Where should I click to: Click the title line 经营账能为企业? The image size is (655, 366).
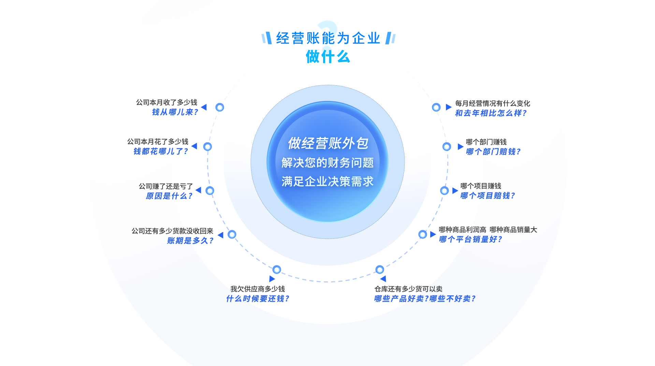[x=328, y=38]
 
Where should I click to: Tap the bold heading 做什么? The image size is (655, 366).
[x=328, y=57]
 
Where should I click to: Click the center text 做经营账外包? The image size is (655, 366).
[x=328, y=143]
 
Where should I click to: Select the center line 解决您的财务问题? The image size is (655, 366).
[x=327, y=163]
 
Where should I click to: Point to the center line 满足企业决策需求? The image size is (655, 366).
[x=327, y=181]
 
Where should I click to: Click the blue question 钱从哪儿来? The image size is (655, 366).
[x=175, y=112]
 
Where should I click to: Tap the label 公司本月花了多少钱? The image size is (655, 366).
[x=158, y=142]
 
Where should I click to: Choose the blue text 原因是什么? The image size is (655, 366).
[x=169, y=196]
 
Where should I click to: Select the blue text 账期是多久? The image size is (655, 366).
[x=190, y=241]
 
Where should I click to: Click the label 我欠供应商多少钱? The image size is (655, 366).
[x=258, y=289]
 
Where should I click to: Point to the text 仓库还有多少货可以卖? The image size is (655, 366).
[x=408, y=289]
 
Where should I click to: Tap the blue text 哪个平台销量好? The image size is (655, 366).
[x=470, y=239]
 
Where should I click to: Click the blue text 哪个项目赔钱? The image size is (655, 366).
[x=487, y=196]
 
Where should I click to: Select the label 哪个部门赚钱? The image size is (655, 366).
[x=486, y=142]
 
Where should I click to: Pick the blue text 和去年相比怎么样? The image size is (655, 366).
[x=491, y=113]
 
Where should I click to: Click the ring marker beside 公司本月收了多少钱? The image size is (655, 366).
[x=220, y=107]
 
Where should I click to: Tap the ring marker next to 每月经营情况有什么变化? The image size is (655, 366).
[x=436, y=107]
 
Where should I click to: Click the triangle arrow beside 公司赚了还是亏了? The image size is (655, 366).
[x=199, y=190]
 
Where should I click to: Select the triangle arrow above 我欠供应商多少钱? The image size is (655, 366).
[x=272, y=279]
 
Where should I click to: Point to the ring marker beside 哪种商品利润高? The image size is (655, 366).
[x=422, y=234]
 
